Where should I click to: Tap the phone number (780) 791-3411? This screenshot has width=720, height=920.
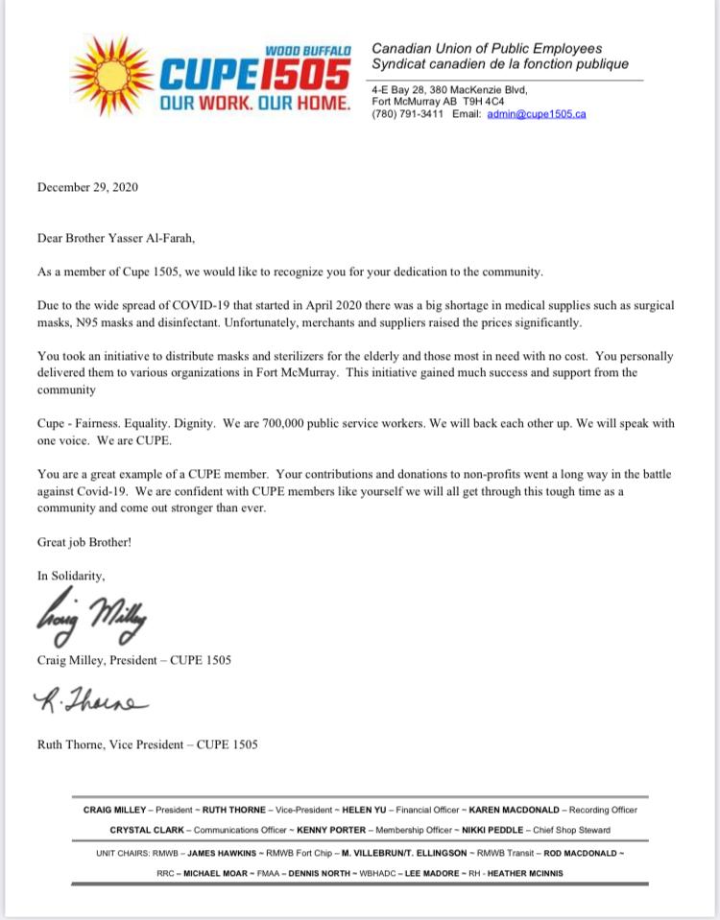[407, 114]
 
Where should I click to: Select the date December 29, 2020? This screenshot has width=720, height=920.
[87, 187]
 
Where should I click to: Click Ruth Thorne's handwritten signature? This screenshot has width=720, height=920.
[91, 704]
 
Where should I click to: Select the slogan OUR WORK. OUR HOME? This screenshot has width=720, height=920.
[254, 103]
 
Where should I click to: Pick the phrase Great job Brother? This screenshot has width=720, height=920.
[84, 542]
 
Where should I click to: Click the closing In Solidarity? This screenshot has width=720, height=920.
[71, 576]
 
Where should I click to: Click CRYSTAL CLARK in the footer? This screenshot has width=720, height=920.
[146, 830]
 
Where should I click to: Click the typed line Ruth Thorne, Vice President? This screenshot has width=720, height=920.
[147, 743]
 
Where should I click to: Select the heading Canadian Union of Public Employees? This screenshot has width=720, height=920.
[487, 48]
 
